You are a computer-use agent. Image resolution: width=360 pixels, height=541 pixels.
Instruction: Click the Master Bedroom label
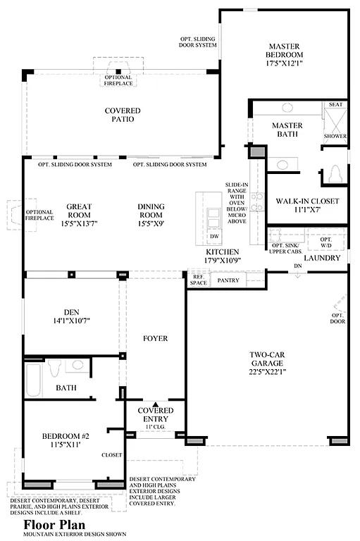coord(284,49)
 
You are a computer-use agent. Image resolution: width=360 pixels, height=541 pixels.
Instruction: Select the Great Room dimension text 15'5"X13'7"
coord(80,224)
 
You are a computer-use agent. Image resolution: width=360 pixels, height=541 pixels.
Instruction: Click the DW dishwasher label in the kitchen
coord(213,236)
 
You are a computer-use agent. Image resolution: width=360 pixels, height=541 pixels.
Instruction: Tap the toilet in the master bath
coord(335,173)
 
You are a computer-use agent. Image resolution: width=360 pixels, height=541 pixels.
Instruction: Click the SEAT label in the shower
coord(336,105)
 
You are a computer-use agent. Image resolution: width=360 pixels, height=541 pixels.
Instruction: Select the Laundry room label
coord(322,258)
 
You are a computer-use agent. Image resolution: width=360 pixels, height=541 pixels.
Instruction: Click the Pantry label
coord(228,280)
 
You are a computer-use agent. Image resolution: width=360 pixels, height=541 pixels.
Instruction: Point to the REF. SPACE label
coord(198,280)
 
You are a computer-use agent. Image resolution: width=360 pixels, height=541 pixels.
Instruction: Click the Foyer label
coord(155,338)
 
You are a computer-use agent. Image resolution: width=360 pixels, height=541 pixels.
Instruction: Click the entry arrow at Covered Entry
coord(155,404)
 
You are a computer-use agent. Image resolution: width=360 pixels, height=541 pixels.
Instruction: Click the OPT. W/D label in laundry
coord(325,242)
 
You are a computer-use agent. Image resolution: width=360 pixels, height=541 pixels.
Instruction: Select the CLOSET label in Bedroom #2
coord(111,454)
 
